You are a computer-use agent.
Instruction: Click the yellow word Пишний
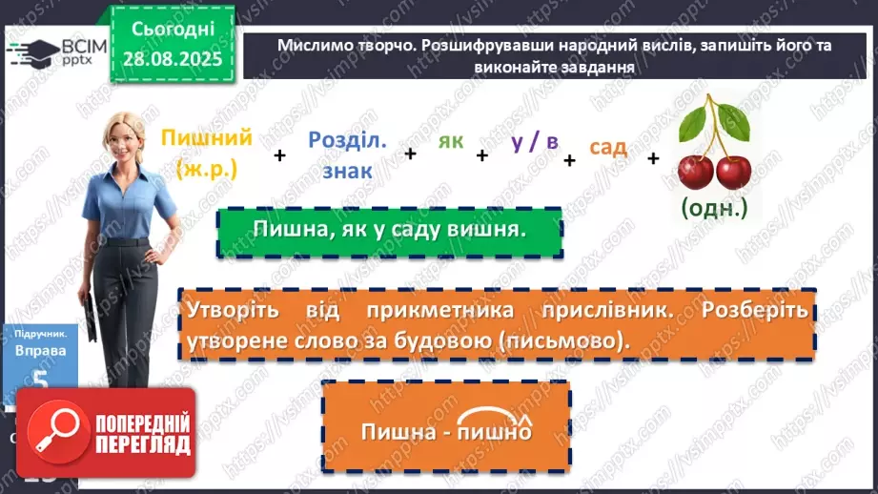point(207,138)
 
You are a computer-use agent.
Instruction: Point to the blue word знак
point(348,171)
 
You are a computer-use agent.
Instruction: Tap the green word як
point(451,141)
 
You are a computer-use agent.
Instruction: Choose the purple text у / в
point(534,141)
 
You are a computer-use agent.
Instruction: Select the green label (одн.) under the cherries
point(715,207)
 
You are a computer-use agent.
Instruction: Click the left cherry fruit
point(695,172)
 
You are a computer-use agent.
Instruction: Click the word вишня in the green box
point(492,230)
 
